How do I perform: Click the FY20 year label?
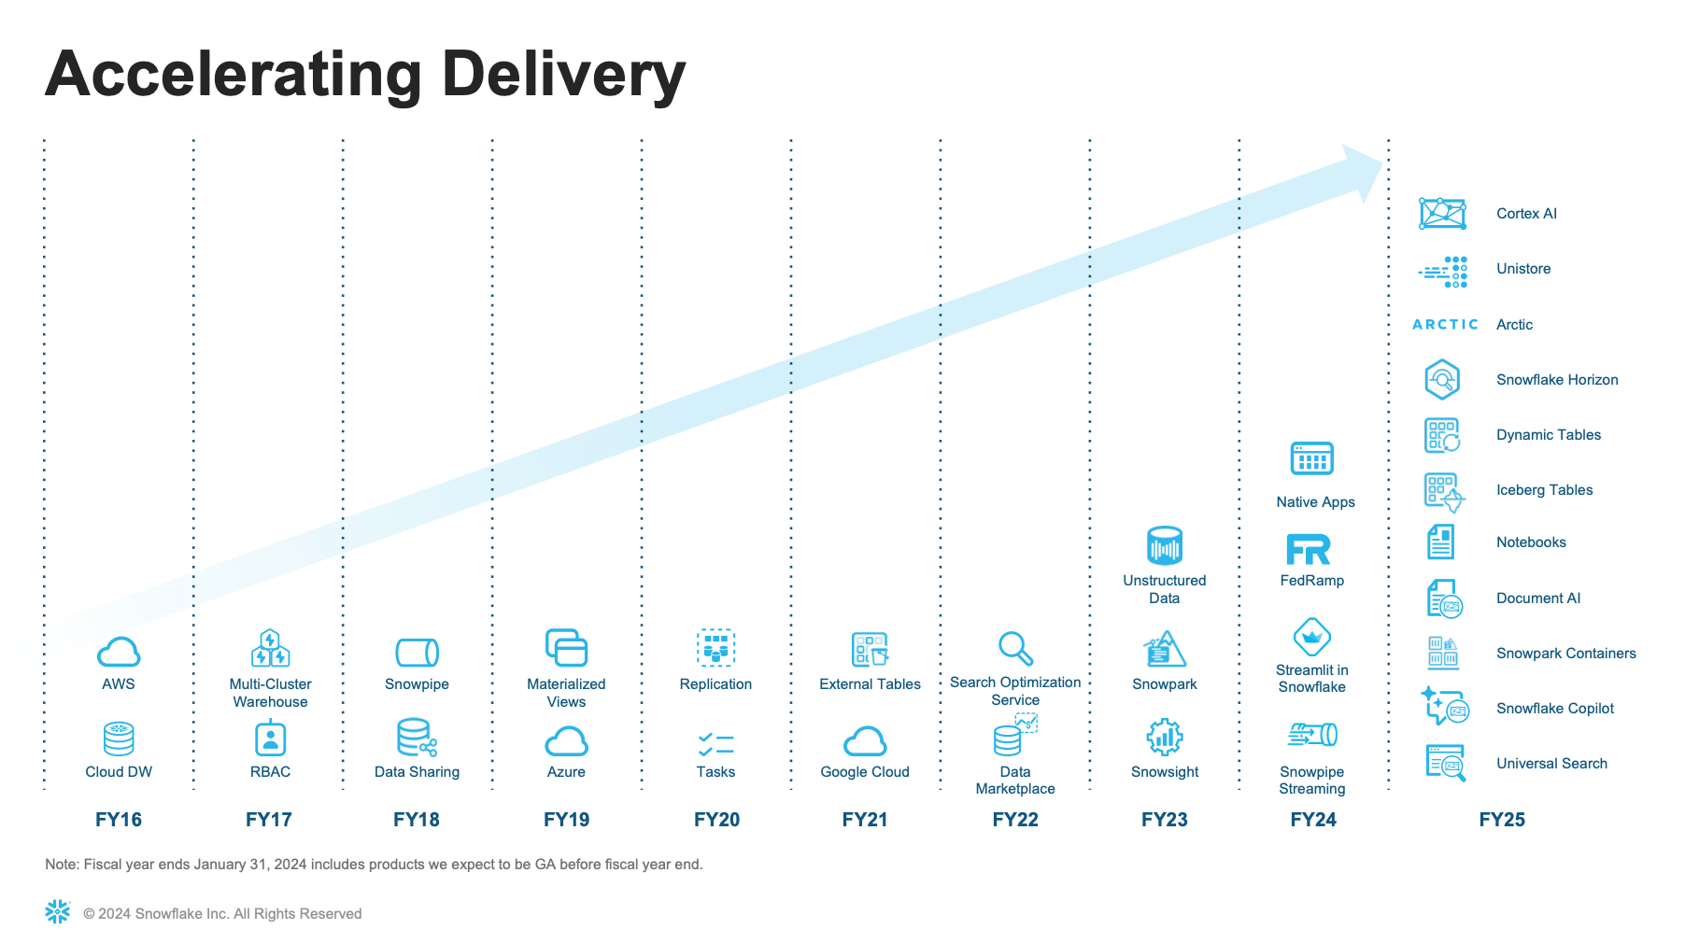[716, 820]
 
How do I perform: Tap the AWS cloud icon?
[119, 652]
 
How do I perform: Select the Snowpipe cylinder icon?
[417, 652]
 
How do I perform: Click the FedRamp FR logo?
[1309, 549]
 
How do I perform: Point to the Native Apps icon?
[1311, 458]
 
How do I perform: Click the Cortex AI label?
[1526, 214]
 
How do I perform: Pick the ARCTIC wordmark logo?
[1445, 324]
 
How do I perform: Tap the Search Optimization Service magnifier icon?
[1015, 647]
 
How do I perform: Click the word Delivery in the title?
[564, 77]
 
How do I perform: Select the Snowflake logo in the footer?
[58, 912]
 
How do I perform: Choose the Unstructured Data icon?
[1165, 546]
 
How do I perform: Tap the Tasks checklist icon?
[715, 744]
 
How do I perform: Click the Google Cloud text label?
[865, 772]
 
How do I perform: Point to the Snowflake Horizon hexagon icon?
[1442, 379]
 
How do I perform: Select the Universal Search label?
[1551, 764]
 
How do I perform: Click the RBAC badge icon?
[270, 738]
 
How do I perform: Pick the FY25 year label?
[1502, 820]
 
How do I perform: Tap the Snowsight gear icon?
[1165, 738]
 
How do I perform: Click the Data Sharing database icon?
[417, 738]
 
